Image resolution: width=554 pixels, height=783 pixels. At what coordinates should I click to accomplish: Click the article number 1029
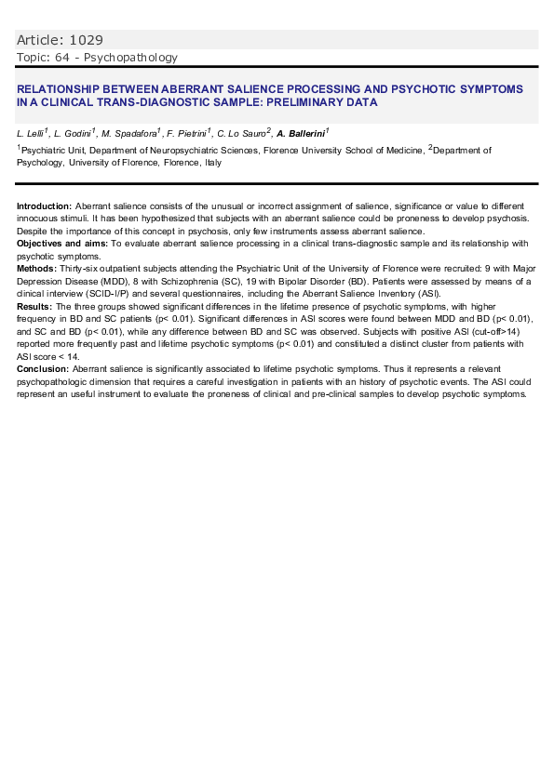tap(86, 40)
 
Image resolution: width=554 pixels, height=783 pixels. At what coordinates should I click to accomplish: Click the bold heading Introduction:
tap(44, 205)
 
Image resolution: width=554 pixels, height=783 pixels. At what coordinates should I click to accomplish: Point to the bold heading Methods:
tap(37, 268)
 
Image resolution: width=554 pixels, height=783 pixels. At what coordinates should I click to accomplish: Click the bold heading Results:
tap(35, 306)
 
